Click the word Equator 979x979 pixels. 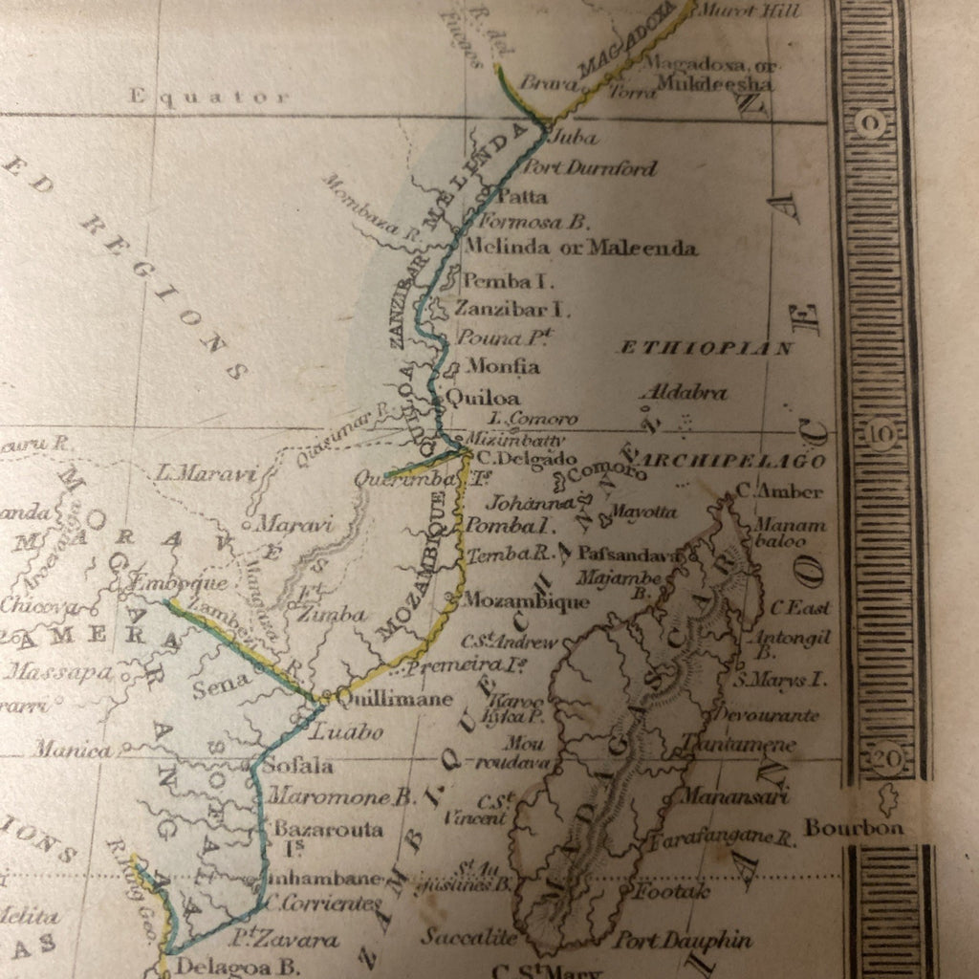pos(208,97)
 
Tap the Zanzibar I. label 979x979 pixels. pos(511,309)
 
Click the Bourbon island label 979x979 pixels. pos(854,828)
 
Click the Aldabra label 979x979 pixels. pos(684,392)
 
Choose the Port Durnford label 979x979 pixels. pos(592,168)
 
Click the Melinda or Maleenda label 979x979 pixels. pos(579,248)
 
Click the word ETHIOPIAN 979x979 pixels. pos(707,348)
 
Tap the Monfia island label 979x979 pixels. pos(503,366)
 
